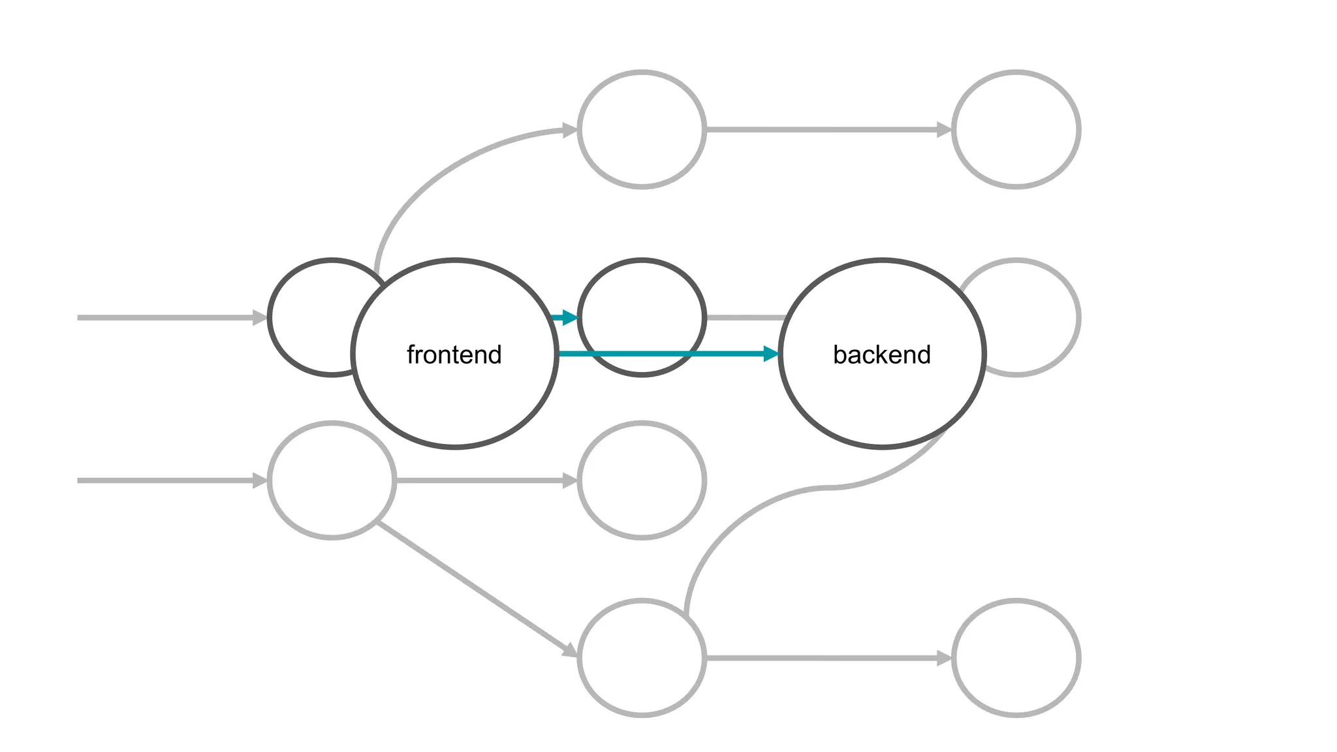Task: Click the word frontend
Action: tap(454, 354)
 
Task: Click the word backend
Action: tap(881, 354)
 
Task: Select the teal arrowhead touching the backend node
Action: tap(771, 354)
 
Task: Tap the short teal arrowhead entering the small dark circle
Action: tap(570, 318)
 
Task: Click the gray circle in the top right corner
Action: tap(1016, 129)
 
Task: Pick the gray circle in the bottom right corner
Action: tap(1016, 658)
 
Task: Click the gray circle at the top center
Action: tap(642, 129)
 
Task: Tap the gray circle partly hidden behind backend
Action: tap(1038, 318)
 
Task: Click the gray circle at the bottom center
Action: tap(642, 658)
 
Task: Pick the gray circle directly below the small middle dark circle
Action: tap(642, 480)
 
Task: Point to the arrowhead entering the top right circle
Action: tap(944, 129)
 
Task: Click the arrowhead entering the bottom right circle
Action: tap(944, 658)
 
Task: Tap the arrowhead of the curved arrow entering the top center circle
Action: tap(570, 131)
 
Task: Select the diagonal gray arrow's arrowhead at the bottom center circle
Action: tap(570, 650)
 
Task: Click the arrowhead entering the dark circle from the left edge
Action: tap(260, 318)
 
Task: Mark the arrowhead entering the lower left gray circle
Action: tap(260, 480)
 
